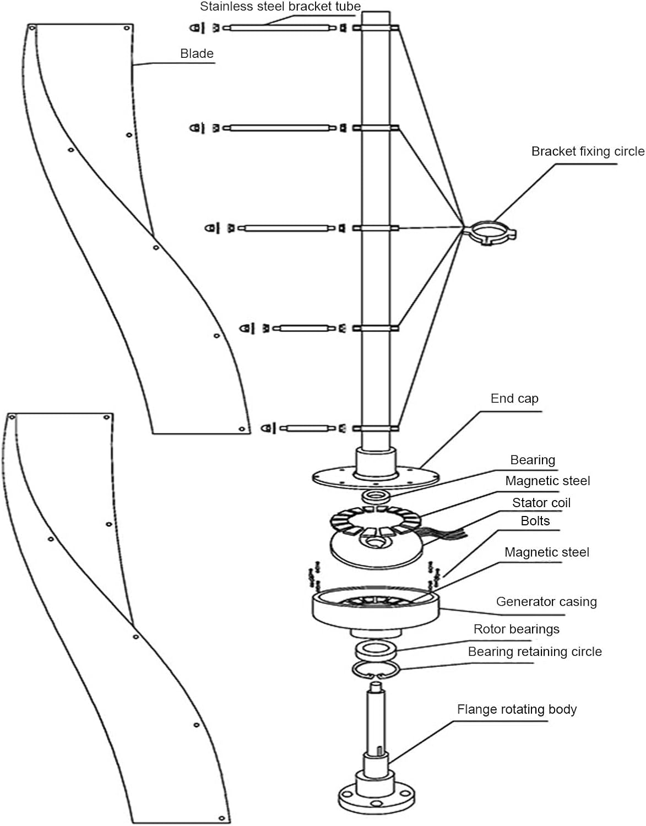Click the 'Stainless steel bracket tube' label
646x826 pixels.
click(x=280, y=7)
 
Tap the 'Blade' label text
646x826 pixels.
click(x=197, y=54)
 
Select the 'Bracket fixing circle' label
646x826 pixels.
click(x=587, y=151)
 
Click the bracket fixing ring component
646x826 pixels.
click(x=488, y=232)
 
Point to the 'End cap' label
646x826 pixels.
click(x=514, y=399)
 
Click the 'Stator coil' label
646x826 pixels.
click(x=541, y=503)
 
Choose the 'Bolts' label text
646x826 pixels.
click(x=535, y=521)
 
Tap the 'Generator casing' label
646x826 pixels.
click(x=546, y=602)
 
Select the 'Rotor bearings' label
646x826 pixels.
click(x=516, y=629)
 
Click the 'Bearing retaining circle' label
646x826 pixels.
click(x=534, y=652)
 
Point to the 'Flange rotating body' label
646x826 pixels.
click(x=517, y=709)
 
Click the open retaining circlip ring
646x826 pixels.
click(x=375, y=670)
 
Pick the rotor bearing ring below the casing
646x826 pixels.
click(x=375, y=650)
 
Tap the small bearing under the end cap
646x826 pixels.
click(x=376, y=496)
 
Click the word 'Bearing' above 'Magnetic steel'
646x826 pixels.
click(x=532, y=460)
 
